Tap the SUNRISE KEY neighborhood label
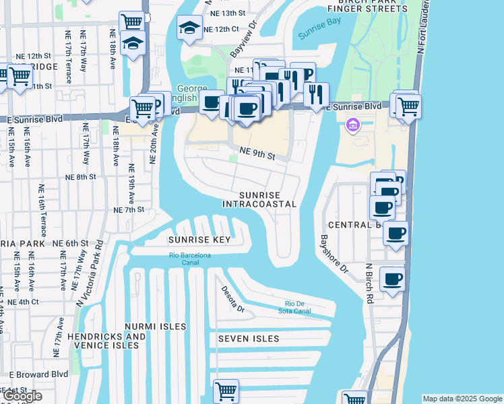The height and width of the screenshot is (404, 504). pyautogui.click(x=199, y=240)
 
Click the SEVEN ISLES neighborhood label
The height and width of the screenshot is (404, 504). pyautogui.click(x=249, y=339)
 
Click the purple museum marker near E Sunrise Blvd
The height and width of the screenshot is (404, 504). pyautogui.click(x=352, y=125)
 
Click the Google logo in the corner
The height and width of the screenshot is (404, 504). pyautogui.click(x=22, y=396)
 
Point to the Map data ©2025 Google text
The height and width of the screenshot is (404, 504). pyautogui.click(x=462, y=399)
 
